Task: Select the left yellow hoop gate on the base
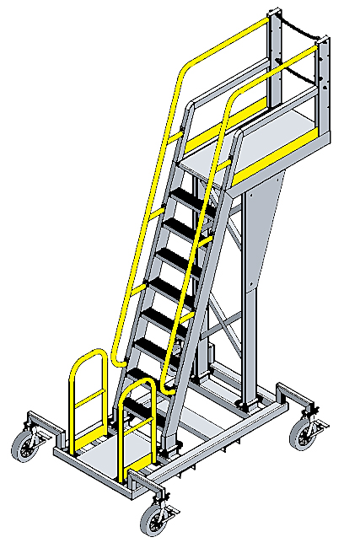pyautogui.click(x=88, y=396)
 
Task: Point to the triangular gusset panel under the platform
pyautogui.click(x=261, y=219)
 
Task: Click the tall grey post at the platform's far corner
pyautogui.click(x=272, y=51)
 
